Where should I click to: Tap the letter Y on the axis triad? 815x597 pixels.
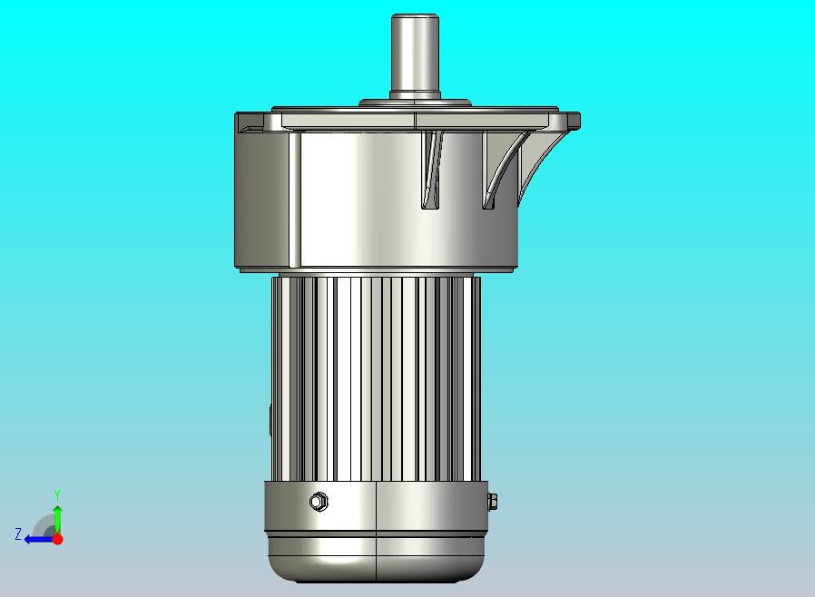[x=57, y=494]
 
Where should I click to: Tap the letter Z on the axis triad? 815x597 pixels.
[x=18, y=533]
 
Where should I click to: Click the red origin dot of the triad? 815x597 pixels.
[x=58, y=539]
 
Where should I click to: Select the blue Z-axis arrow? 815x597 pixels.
[x=39, y=540]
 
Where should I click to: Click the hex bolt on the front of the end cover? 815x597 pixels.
[x=318, y=502]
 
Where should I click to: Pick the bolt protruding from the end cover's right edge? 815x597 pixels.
[x=492, y=502]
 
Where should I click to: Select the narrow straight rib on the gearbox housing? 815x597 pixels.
[x=431, y=170]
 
